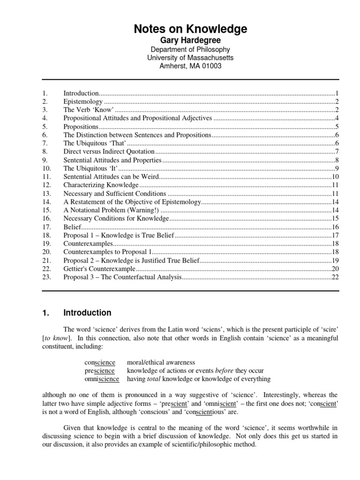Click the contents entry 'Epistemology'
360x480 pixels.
click(82, 102)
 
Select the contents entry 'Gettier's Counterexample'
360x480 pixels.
click(99, 269)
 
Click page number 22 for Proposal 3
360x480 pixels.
click(335, 277)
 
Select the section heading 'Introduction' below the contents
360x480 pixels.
click(87, 313)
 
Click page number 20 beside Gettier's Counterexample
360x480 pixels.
click(335, 269)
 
